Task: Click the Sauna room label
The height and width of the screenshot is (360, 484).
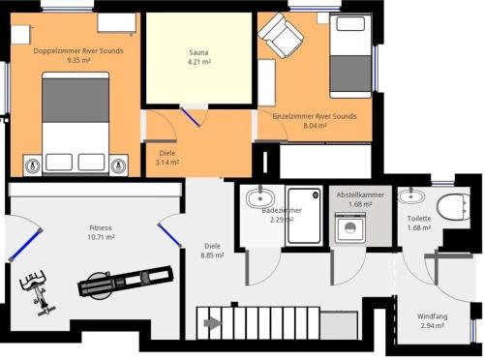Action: point(198,52)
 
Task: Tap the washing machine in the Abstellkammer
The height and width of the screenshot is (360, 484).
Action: point(350,227)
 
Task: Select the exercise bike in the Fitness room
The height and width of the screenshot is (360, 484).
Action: point(37,292)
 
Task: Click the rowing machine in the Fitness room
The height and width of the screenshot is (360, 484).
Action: point(125,282)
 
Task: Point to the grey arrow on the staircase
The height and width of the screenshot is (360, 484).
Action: point(213,323)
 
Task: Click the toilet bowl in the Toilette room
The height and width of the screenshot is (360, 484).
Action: point(453,207)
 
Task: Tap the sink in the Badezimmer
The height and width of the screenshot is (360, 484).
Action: point(260,197)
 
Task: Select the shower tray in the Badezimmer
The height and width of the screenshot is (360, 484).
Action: point(304,216)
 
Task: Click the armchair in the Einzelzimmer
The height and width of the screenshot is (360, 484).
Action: point(281,35)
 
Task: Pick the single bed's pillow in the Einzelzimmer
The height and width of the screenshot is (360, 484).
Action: point(350,23)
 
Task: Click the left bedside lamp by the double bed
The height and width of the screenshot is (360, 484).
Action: point(33,165)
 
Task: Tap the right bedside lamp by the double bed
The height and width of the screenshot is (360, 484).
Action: point(118,165)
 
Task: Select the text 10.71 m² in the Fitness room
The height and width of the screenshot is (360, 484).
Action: point(101,237)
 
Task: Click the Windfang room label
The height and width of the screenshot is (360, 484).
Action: point(432,316)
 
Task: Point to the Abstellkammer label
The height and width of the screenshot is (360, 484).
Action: point(360,195)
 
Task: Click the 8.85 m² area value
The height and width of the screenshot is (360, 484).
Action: point(212,255)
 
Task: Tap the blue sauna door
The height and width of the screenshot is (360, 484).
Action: point(191,117)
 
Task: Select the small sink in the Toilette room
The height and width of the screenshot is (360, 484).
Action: point(410,195)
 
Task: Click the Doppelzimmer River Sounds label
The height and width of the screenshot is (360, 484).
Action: point(78,51)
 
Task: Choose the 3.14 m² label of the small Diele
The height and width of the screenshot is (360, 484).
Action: point(167,163)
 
